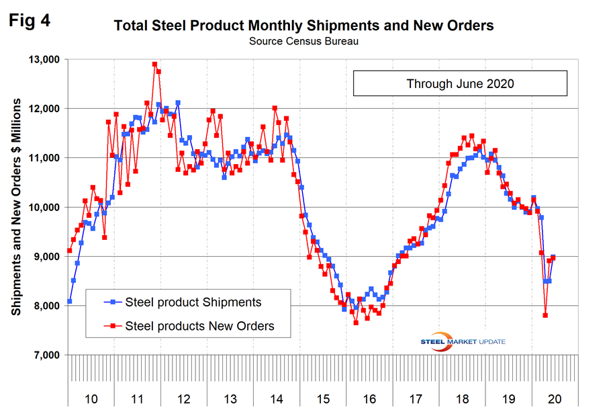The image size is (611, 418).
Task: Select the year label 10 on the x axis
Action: pyautogui.click(x=91, y=399)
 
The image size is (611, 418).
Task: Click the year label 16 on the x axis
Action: pyautogui.click(x=369, y=399)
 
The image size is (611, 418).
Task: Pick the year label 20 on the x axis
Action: pyautogui.click(x=554, y=399)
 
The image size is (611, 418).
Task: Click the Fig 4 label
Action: pyautogui.click(x=30, y=21)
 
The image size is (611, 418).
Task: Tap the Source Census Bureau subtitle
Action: pyautogui.click(x=304, y=42)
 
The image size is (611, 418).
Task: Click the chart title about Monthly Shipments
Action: pyautogui.click(x=304, y=26)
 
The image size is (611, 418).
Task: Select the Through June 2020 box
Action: pyautogui.click(x=460, y=84)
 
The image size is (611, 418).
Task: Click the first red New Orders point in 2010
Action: pyautogui.click(x=70, y=251)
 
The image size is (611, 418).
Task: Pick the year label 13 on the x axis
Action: pyautogui.click(x=230, y=399)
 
